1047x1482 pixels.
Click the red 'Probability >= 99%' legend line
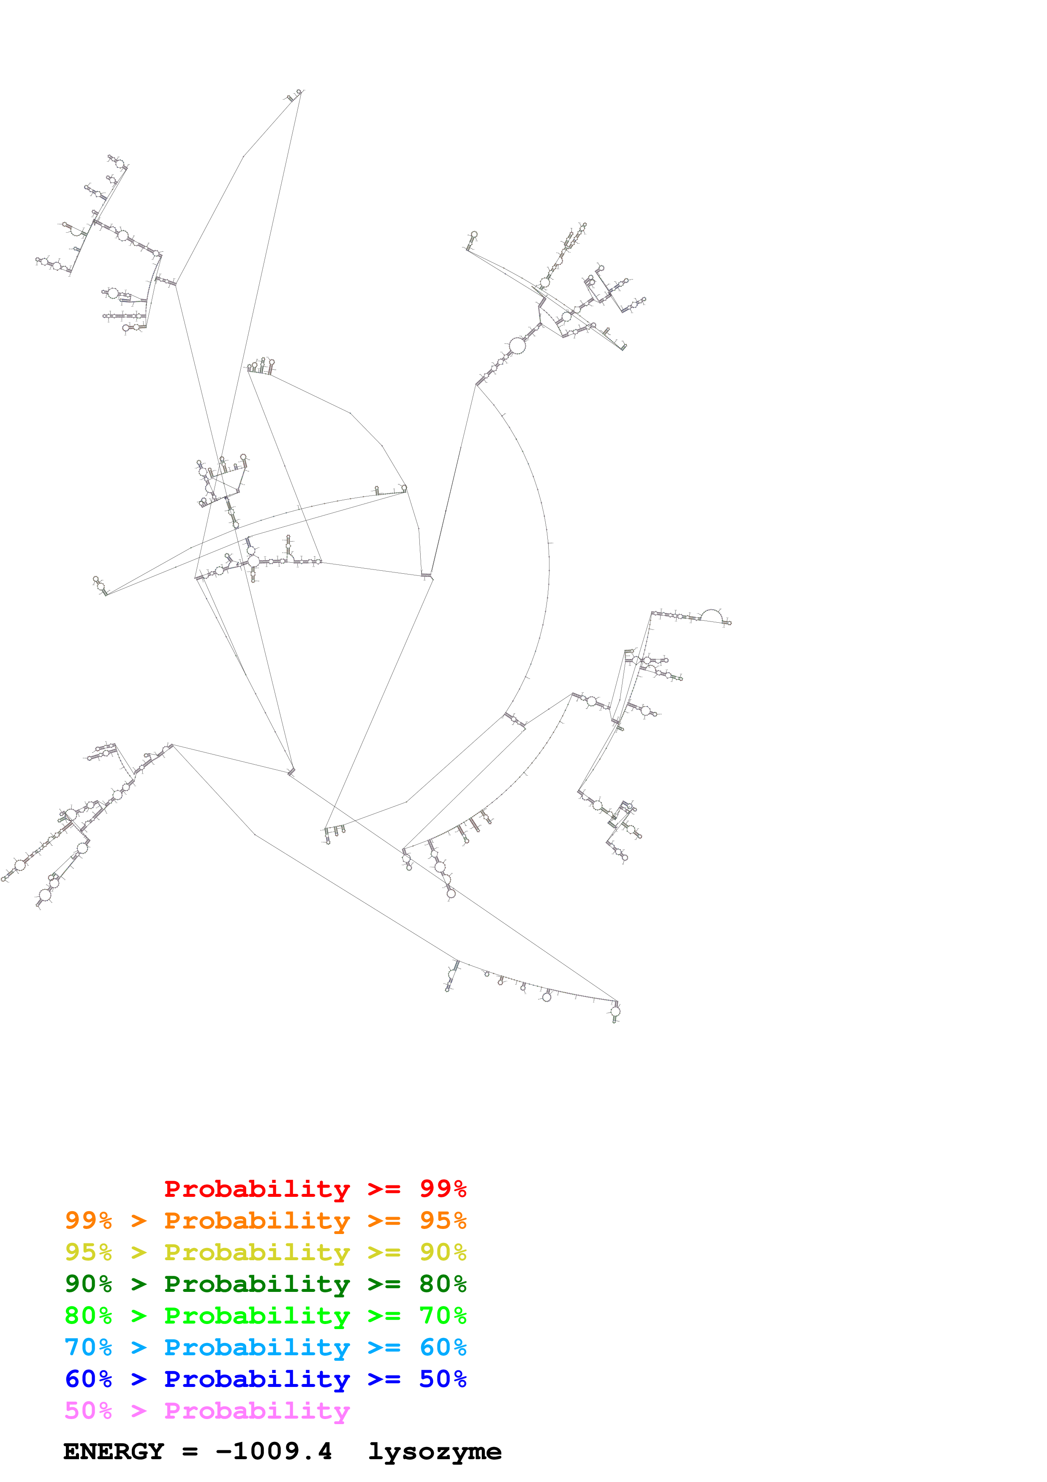tap(315, 1188)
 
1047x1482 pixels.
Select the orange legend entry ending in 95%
tap(265, 1220)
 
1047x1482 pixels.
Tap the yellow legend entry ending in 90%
tap(265, 1252)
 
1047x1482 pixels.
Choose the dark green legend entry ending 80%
tap(265, 1284)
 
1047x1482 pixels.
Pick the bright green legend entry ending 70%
tap(265, 1316)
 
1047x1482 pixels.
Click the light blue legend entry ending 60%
tap(265, 1347)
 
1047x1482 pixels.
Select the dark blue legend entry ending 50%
tap(265, 1379)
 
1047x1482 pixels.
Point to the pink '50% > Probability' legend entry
tap(207, 1410)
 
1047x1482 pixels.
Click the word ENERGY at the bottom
tap(114, 1452)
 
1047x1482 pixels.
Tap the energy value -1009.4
tap(274, 1452)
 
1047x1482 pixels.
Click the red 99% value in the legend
tap(443, 1188)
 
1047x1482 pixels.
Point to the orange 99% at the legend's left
tap(88, 1220)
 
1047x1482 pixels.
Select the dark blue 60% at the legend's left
tap(88, 1379)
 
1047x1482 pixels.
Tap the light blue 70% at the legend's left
tap(88, 1347)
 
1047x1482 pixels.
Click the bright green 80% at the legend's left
tap(88, 1316)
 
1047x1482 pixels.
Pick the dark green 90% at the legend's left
tap(88, 1284)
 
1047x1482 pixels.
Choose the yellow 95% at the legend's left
tap(88, 1252)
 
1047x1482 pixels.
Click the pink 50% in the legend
tap(88, 1410)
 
